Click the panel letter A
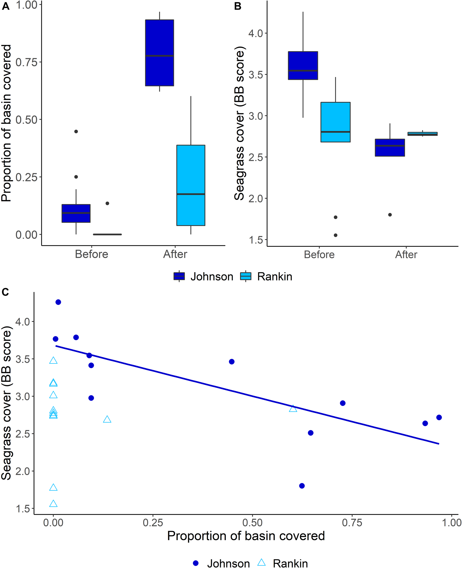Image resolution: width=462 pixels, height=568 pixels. point(6,6)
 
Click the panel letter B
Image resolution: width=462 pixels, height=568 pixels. point(238,6)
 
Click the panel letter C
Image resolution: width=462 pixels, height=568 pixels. point(5,292)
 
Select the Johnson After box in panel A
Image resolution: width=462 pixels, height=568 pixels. point(159,53)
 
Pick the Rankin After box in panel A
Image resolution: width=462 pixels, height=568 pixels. point(191,185)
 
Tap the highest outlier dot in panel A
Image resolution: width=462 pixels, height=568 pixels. point(76,132)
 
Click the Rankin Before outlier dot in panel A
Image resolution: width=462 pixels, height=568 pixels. point(107,203)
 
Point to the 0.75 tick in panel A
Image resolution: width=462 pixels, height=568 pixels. point(27,62)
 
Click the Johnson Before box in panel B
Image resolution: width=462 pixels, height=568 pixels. point(303,65)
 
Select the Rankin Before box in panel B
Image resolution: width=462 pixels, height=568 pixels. point(335,122)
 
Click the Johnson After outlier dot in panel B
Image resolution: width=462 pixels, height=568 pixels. point(390,215)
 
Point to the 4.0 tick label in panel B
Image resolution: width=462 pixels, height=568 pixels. point(256,34)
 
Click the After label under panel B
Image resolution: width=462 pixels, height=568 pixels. point(406,255)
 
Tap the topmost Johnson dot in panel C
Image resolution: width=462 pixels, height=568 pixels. point(58,302)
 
